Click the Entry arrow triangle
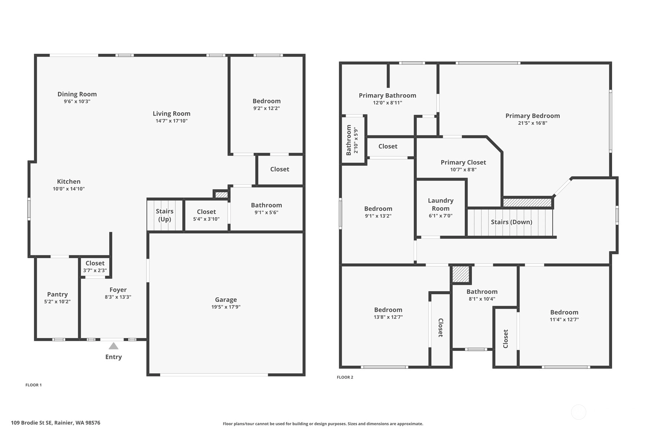click(x=113, y=346)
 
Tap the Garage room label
click(x=226, y=300)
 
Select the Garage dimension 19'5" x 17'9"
click(x=226, y=307)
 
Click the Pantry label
click(x=57, y=294)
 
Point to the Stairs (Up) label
click(x=165, y=215)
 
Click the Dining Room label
click(x=77, y=94)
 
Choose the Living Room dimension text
click(x=172, y=121)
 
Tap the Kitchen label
click(x=69, y=181)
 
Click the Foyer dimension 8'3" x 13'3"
click(x=118, y=297)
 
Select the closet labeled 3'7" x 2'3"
click(x=95, y=267)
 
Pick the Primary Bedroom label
click(x=533, y=116)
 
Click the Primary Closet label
click(x=463, y=162)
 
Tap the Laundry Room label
click(x=441, y=205)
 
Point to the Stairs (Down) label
click(x=512, y=222)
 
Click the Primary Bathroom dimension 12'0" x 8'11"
click(x=388, y=103)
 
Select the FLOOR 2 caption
click(x=345, y=377)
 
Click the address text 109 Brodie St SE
click(x=32, y=423)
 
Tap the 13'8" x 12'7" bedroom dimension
click(x=388, y=317)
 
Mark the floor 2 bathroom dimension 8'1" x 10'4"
click(x=482, y=299)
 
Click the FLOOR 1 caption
click(x=33, y=385)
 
